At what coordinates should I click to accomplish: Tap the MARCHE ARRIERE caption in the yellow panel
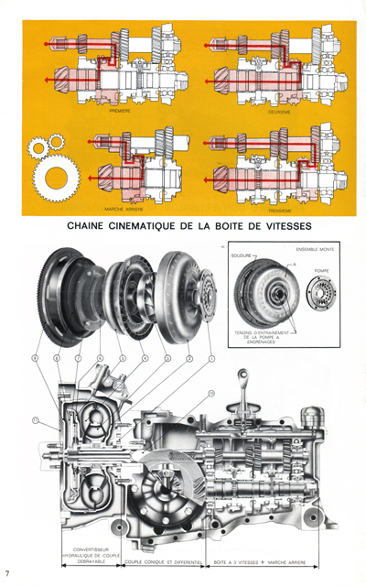119,207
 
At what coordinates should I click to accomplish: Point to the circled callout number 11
37,422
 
